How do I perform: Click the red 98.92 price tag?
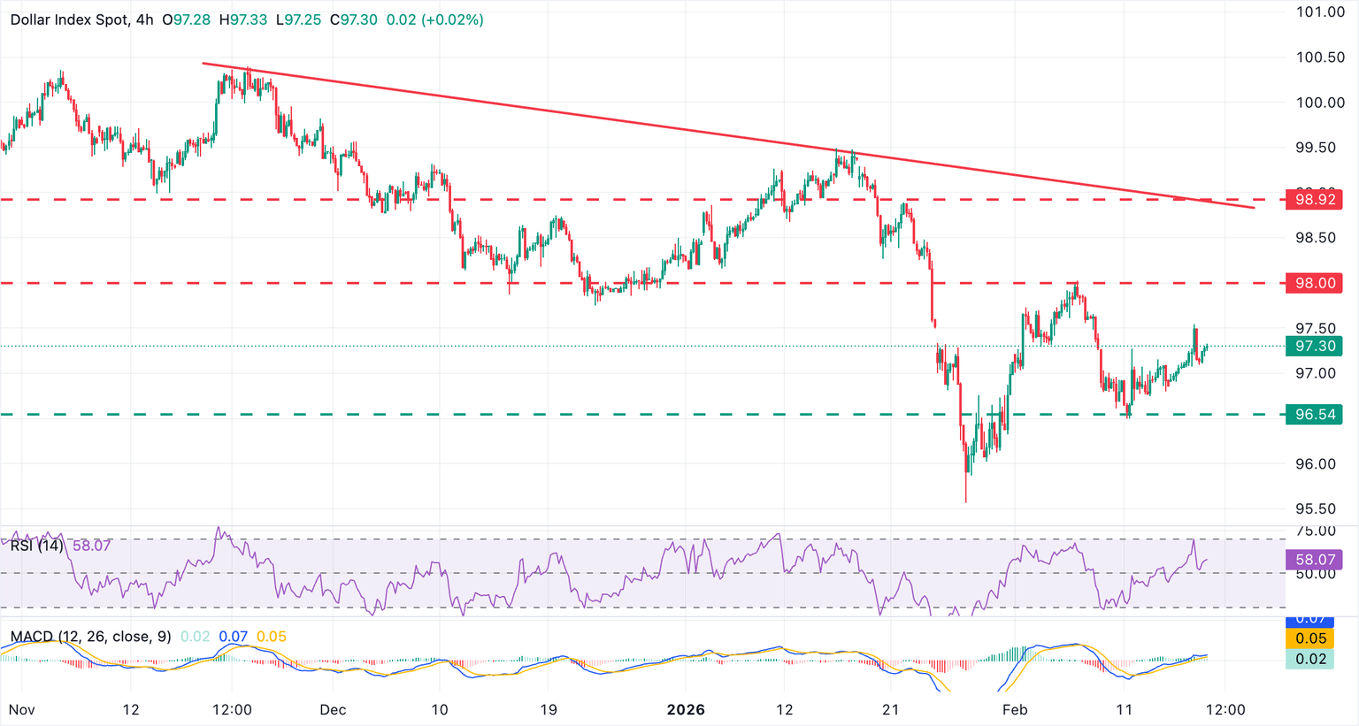[x=1315, y=200]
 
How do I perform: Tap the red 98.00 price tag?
[x=1315, y=283]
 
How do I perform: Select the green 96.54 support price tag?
[x=1315, y=415]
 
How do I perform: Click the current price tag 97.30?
[x=1315, y=346]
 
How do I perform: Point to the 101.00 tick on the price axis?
[x=1319, y=11]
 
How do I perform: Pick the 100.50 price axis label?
[x=1319, y=57]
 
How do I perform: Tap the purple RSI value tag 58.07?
[x=1315, y=560]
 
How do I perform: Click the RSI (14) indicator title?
[x=36, y=546]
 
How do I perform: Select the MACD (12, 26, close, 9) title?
[x=90, y=637]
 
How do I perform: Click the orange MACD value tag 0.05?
[x=1310, y=638]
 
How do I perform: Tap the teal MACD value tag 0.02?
[x=1310, y=659]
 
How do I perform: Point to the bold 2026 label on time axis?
[x=686, y=710]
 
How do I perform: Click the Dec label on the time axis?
[x=333, y=710]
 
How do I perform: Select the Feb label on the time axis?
[x=1015, y=710]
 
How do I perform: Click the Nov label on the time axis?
[x=22, y=710]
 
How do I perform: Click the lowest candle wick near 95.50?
[x=966, y=501]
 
